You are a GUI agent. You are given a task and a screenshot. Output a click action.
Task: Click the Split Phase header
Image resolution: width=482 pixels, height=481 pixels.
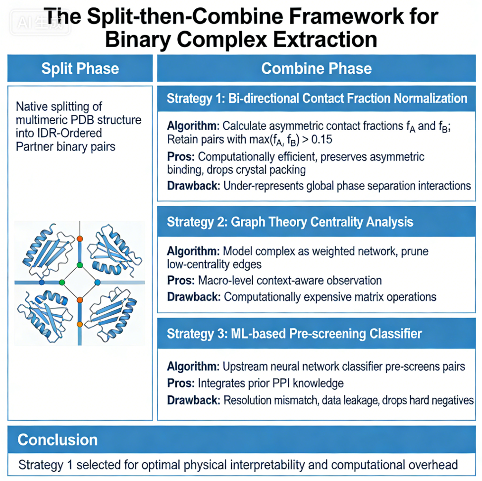(80, 68)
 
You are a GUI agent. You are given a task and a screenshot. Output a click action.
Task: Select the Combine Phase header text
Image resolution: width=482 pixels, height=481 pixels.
(317, 68)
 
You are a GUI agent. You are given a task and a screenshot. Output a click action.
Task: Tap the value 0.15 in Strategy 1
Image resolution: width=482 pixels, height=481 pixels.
(322, 140)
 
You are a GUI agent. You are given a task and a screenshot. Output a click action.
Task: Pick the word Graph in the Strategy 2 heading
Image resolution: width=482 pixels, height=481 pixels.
(248, 222)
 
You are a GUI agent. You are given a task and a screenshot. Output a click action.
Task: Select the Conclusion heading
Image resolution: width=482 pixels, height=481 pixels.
(57, 439)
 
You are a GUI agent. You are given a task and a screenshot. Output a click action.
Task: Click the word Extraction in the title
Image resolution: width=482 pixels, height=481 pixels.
(325, 40)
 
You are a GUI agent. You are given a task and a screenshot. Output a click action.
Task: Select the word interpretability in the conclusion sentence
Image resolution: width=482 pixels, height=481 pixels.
(268, 465)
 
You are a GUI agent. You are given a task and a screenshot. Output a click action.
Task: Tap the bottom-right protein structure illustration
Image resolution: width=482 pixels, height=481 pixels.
(111, 314)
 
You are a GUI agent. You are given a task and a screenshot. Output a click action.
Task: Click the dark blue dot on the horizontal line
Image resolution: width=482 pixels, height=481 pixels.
(42, 282)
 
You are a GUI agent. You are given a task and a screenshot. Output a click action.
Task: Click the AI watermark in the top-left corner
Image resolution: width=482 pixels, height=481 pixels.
(40, 22)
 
